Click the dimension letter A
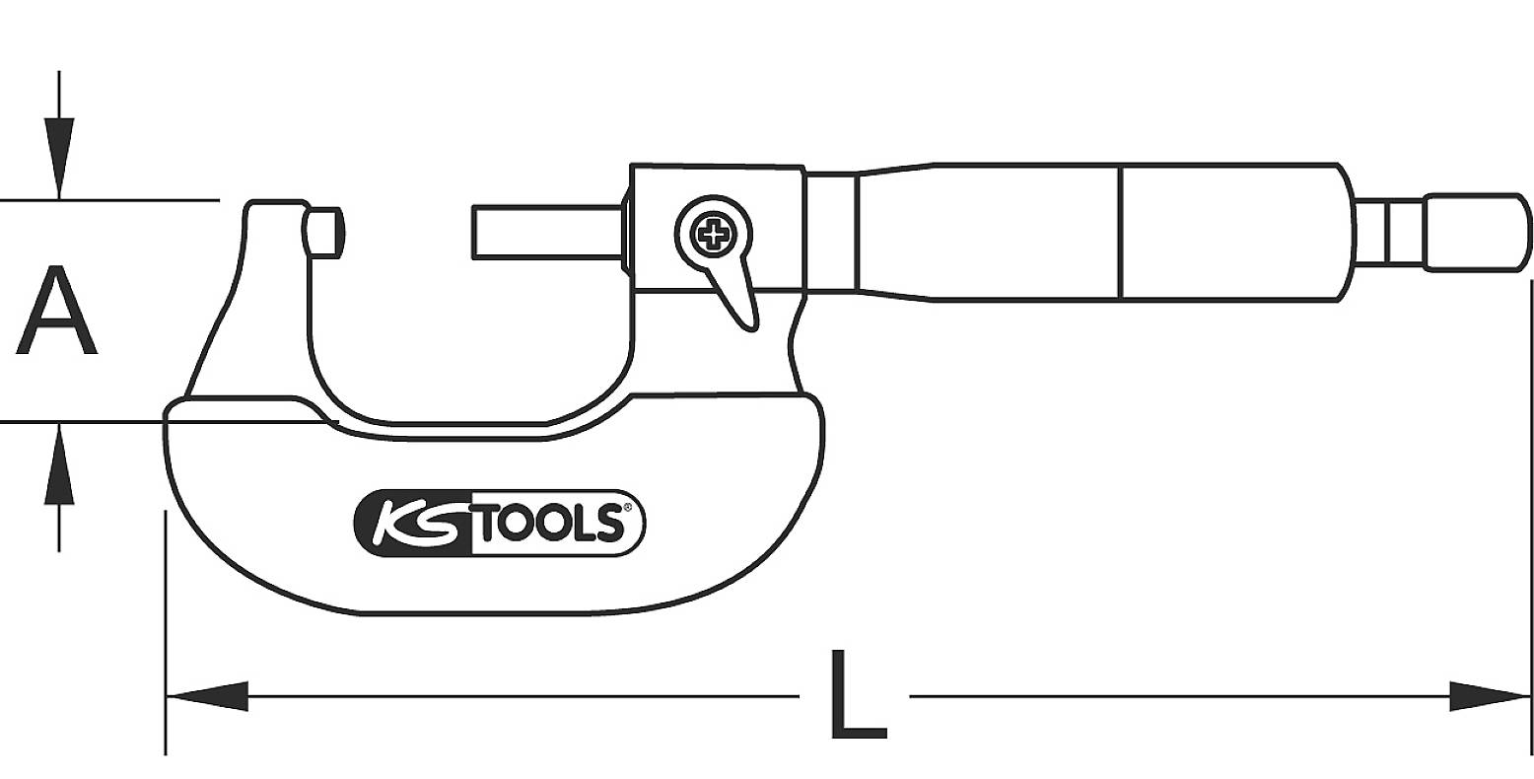tap(56, 311)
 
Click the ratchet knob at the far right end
tap(1476, 232)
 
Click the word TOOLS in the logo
tap(547, 524)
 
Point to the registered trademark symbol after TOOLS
tap(624, 509)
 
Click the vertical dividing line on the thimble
tap(1120, 232)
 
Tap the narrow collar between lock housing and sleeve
tap(830, 232)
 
